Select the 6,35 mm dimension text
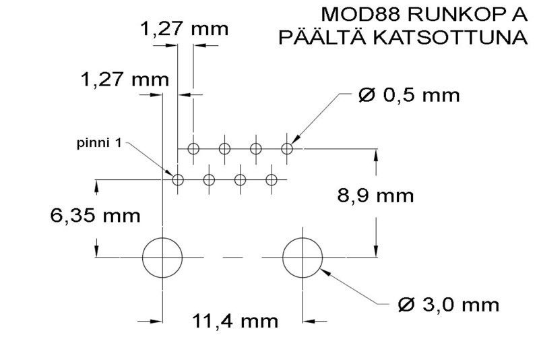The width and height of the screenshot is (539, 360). [95, 216]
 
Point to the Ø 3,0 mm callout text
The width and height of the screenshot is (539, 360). [449, 305]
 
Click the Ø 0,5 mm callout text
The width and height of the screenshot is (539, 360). [409, 95]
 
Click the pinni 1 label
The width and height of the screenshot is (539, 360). [98, 144]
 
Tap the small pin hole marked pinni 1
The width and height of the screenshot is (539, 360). [178, 180]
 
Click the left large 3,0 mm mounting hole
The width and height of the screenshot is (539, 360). [162, 257]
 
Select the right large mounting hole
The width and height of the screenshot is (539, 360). [303, 257]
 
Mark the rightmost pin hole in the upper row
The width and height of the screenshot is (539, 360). [287, 148]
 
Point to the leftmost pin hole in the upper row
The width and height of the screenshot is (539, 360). [194, 148]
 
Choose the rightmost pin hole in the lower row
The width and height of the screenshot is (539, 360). [272, 180]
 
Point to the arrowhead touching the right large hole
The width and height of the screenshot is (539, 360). [324, 272]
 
